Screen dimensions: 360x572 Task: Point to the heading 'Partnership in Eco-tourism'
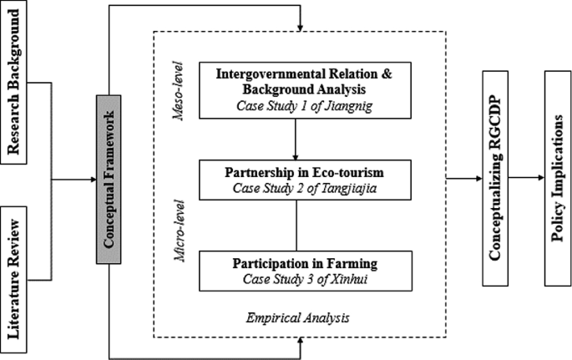[x=296, y=172]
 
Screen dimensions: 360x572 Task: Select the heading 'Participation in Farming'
[x=296, y=264]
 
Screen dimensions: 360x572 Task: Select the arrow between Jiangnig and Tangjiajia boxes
[x=296, y=138]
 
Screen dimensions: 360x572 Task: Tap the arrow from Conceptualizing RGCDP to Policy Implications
[x=526, y=178]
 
